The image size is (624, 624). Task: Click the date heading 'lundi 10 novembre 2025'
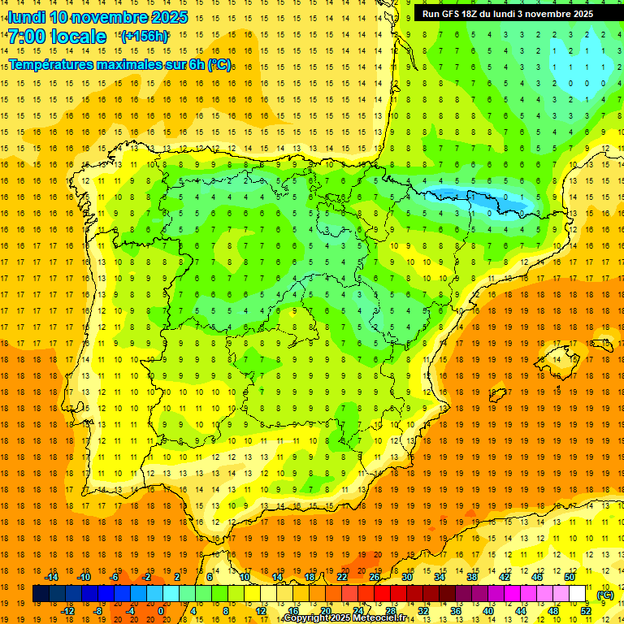(x=97, y=17)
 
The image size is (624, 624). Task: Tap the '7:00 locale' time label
(x=57, y=37)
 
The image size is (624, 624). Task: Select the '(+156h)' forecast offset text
(x=145, y=36)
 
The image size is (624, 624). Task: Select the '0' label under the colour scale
(x=161, y=610)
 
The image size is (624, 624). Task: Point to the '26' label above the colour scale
(x=375, y=577)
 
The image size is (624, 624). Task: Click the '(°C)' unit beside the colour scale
(x=605, y=595)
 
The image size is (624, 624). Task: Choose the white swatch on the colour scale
(x=578, y=594)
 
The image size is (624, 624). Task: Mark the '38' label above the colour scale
(x=471, y=577)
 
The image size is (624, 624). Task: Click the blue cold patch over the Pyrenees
(x=475, y=197)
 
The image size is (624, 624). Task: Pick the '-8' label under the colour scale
(x=97, y=610)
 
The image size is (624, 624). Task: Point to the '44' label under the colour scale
(x=520, y=610)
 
